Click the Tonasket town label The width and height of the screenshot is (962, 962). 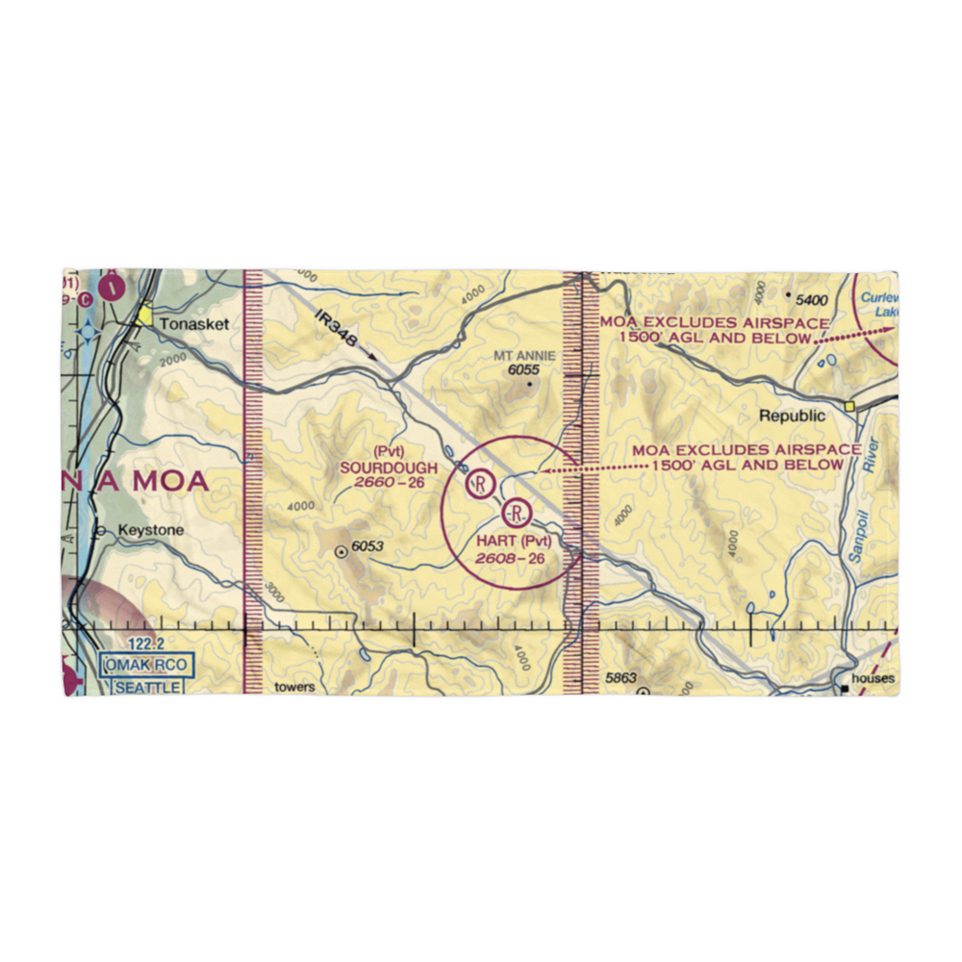[x=194, y=325]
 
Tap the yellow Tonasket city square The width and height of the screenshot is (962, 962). [x=144, y=315]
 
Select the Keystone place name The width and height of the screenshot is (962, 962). [x=143, y=530]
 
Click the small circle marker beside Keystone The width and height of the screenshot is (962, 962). [x=100, y=530]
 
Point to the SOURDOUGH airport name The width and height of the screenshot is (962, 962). [x=388, y=468]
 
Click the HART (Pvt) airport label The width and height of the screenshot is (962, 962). [x=514, y=542]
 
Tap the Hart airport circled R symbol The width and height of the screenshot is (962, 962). [x=518, y=511]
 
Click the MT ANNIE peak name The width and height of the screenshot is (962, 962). [x=524, y=356]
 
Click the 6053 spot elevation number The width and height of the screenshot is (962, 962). [x=367, y=547]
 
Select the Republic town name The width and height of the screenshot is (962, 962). [x=792, y=417]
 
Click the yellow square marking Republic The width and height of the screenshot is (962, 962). [x=849, y=407]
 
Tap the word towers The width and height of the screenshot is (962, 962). [x=294, y=687]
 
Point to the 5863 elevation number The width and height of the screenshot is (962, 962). [x=621, y=679]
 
